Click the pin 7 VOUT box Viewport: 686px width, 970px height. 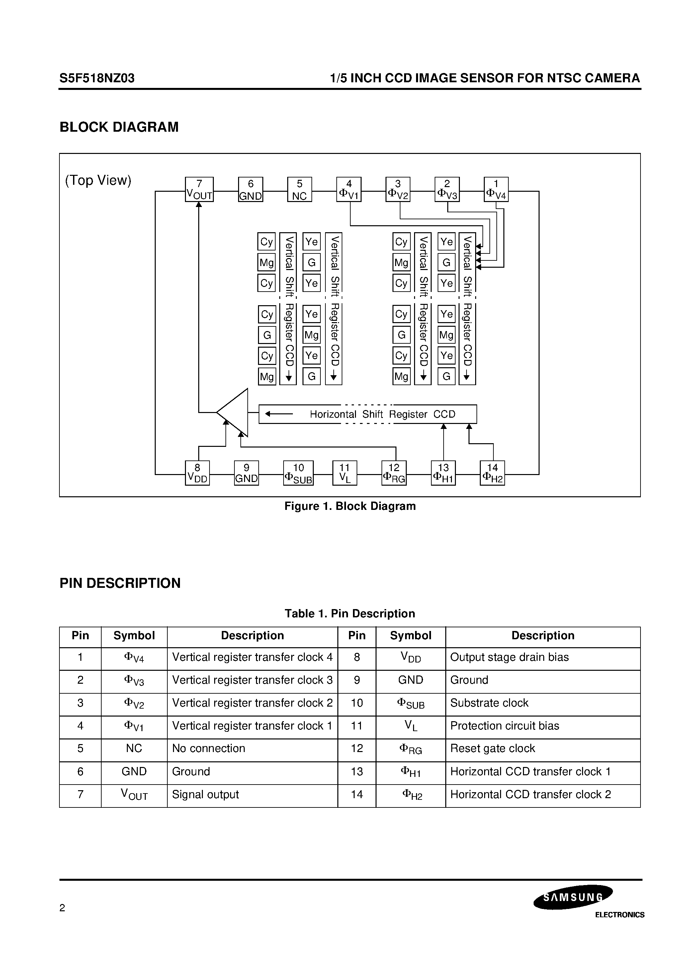199,189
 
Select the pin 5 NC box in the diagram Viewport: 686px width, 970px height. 300,189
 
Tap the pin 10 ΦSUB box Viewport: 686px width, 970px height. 298,473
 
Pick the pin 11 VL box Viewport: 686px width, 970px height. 345,473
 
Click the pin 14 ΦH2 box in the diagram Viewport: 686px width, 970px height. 492,473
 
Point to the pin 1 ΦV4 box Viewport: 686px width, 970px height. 496,189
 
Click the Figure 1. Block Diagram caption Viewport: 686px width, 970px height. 350,506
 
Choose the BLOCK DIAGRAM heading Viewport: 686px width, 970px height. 119,127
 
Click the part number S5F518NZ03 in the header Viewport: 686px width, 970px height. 97,78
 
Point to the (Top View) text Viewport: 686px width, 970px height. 98,180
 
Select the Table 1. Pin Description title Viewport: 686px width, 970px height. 350,613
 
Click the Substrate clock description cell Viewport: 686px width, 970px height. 489,703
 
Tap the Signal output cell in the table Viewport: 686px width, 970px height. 206,795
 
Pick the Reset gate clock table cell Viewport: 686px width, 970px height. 493,749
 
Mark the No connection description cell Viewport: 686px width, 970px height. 209,749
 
